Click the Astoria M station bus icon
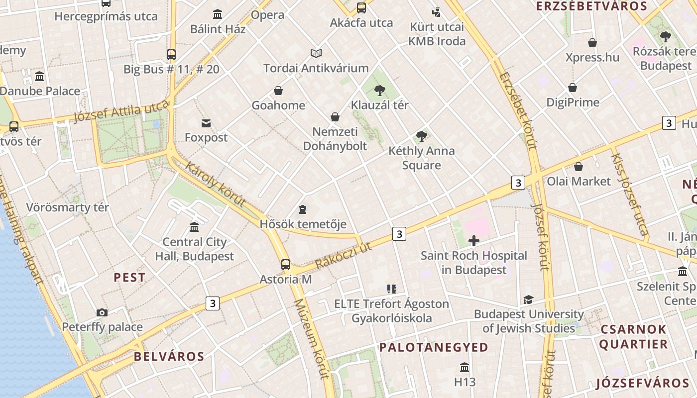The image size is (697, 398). [x=285, y=264]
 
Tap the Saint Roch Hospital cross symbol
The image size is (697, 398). [x=474, y=241]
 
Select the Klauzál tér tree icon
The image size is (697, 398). [x=380, y=90]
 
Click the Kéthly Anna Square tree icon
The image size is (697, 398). [x=422, y=136]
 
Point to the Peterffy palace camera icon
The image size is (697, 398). [x=102, y=312]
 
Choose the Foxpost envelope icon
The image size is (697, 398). [x=206, y=123]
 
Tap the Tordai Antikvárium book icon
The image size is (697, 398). [x=316, y=53]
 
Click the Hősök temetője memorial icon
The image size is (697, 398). [x=303, y=209]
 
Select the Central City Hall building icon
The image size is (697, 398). [x=194, y=227]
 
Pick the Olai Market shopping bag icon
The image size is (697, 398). [x=579, y=167]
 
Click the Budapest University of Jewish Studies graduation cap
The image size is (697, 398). [x=528, y=299]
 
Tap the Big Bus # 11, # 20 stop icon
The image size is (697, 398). [x=171, y=55]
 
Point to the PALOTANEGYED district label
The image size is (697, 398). [x=434, y=347]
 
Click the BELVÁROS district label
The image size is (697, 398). [x=169, y=356]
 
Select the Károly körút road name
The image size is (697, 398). [x=216, y=184]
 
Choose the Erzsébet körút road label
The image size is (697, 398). [x=518, y=110]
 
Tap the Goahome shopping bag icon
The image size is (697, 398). [x=278, y=91]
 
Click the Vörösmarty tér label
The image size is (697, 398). [x=67, y=207]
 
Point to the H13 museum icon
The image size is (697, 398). [x=465, y=368]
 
